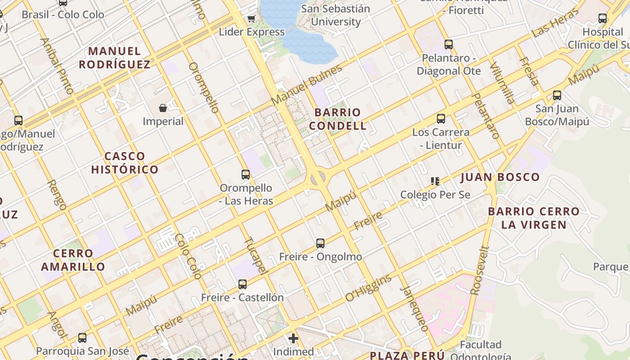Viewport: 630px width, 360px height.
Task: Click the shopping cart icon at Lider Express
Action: coord(251,19)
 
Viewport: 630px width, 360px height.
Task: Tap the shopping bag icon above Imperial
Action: coord(163,108)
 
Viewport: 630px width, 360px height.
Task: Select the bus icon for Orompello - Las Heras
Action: coord(245,174)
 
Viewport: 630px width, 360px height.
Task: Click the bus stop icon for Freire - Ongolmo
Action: coord(320,243)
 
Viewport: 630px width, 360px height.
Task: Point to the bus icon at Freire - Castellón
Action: coord(243,284)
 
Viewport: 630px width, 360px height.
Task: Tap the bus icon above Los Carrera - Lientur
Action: coord(441,119)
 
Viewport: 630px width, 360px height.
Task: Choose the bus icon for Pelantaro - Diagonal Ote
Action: coord(448,45)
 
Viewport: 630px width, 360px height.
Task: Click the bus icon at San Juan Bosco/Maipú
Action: coord(557,95)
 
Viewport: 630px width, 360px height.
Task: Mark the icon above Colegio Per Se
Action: coord(435,181)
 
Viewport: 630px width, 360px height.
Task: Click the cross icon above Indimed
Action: coord(293,338)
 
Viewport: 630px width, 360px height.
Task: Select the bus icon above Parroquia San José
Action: coord(82,337)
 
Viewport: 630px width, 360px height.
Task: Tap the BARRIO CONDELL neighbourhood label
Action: coord(337,119)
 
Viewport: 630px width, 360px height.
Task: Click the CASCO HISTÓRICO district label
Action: coord(125,163)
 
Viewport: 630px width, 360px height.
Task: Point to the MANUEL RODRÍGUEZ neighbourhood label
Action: coord(115,58)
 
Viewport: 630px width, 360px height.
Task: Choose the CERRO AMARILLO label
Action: coord(73,260)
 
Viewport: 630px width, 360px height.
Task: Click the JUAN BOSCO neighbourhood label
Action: coord(500,177)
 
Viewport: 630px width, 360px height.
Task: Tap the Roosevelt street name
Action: coord(479,270)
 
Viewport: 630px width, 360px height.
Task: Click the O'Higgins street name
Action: coord(369,288)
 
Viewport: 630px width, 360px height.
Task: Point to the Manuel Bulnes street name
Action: coord(306,85)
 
